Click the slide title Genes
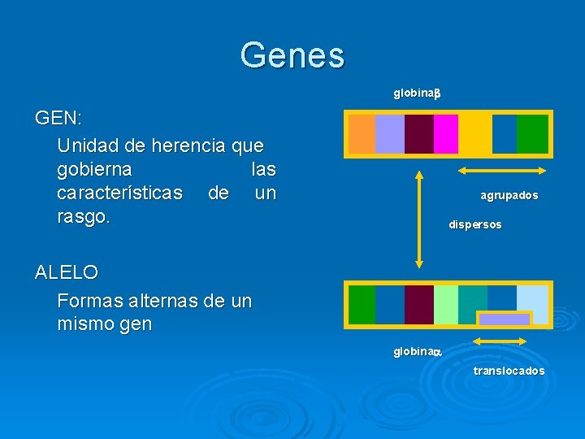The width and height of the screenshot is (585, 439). pyautogui.click(x=292, y=55)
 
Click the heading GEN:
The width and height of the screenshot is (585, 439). pyautogui.click(x=58, y=118)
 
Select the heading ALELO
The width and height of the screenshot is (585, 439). pyautogui.click(x=67, y=272)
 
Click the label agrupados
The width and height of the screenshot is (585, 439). pyautogui.click(x=509, y=196)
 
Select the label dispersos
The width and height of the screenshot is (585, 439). pyautogui.click(x=475, y=224)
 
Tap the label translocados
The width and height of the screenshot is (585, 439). pyautogui.click(x=509, y=371)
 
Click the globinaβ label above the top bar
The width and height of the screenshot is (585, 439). pyautogui.click(x=416, y=93)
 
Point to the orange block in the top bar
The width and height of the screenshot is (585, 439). pyautogui.click(x=362, y=133)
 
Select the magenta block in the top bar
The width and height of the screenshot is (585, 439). pyautogui.click(x=445, y=133)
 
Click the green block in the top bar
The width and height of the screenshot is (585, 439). pyautogui.click(x=532, y=133)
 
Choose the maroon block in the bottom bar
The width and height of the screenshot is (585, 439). pyautogui.click(x=418, y=304)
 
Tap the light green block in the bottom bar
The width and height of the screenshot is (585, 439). pyautogui.click(x=446, y=304)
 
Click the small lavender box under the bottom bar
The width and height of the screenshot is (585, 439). pyautogui.click(x=504, y=319)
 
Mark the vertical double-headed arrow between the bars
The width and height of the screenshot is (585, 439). pyautogui.click(x=419, y=218)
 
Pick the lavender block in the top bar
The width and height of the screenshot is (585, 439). pyautogui.click(x=390, y=133)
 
